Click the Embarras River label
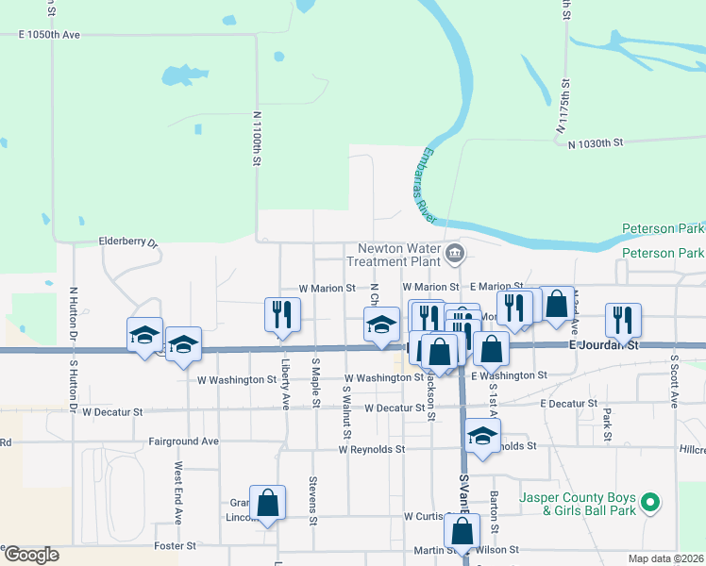pos(423,185)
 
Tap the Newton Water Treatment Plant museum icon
pos(456,252)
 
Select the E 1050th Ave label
pos(50,34)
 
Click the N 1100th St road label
pos(256,139)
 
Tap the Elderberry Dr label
pos(131,241)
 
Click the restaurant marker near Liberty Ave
pos(282,314)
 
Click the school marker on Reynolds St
pos(482,436)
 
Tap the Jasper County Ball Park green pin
pos(648,503)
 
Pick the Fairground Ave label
pos(183,441)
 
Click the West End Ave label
pos(177,492)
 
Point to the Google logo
pos(30,555)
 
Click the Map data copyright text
pos(666,558)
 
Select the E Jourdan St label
pos(604,346)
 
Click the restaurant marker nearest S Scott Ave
pos(624,320)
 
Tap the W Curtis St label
pos(431,516)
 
